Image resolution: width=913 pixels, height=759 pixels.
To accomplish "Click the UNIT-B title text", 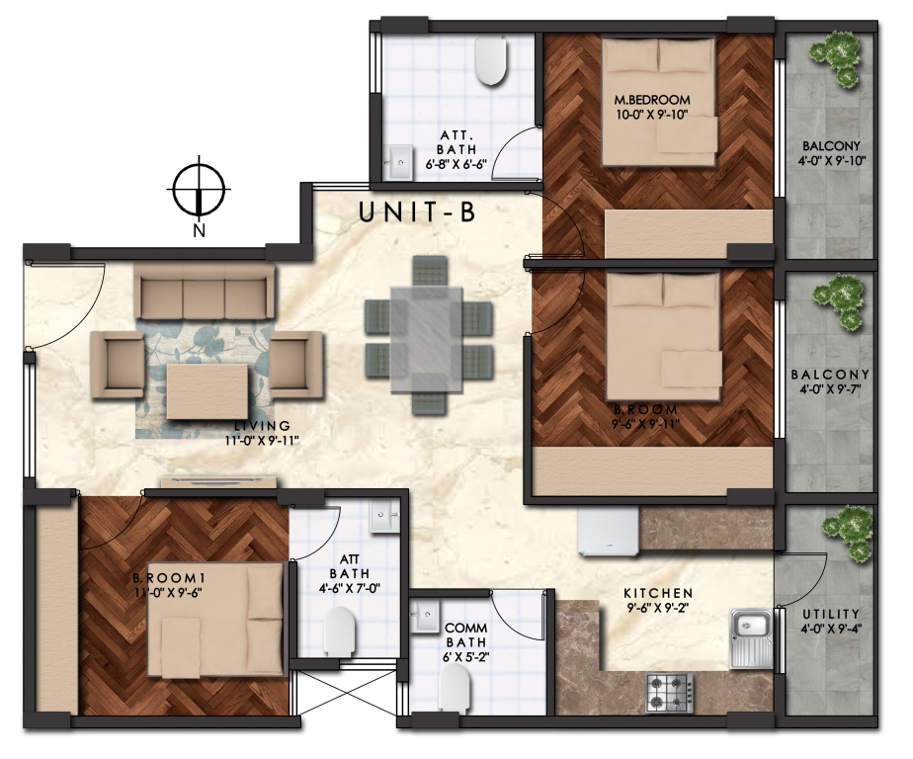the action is [418, 212].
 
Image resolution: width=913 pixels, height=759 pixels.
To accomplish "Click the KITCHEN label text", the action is [658, 593].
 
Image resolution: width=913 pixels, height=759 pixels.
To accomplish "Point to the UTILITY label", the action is [830, 614].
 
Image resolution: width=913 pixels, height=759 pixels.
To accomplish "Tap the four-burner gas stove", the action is [670, 693].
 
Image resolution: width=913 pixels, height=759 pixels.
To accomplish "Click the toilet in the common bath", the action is [455, 688].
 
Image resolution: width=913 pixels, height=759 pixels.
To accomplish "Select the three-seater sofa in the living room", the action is [205, 290].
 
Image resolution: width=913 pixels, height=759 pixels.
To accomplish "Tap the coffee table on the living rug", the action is [208, 390].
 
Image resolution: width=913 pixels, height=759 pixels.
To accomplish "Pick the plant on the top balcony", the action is [836, 58].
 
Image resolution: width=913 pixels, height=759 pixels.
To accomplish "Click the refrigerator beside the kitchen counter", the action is [609, 529].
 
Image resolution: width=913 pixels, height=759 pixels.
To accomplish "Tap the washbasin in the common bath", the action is [425, 617].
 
